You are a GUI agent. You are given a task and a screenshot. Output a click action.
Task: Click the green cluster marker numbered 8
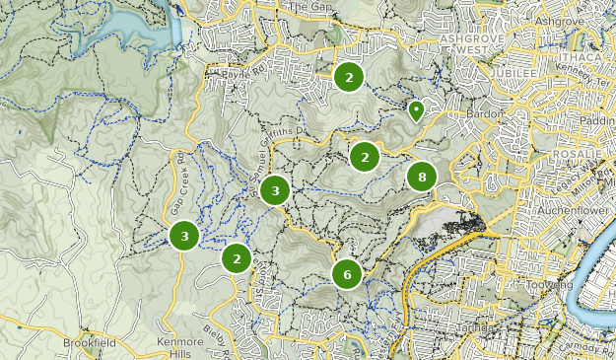pyautogui.click(x=422, y=178)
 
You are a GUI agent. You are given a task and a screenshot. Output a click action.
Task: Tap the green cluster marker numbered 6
pyautogui.click(x=347, y=274)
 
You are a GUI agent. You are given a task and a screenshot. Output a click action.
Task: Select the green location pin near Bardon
pyautogui.click(x=416, y=110)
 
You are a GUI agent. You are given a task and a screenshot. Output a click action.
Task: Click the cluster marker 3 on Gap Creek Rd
pyautogui.click(x=184, y=235)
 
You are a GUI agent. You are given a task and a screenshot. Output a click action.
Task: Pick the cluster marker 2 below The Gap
pyautogui.click(x=348, y=76)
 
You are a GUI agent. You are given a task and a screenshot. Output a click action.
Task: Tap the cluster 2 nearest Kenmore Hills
pyautogui.click(x=237, y=258)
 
